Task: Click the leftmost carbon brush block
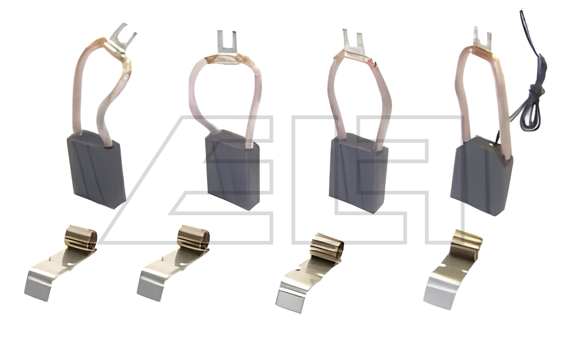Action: [x=96, y=169]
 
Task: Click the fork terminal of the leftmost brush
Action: [x=123, y=39]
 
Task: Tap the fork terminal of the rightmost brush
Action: [x=482, y=40]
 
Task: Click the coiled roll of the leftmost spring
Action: [x=81, y=237]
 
